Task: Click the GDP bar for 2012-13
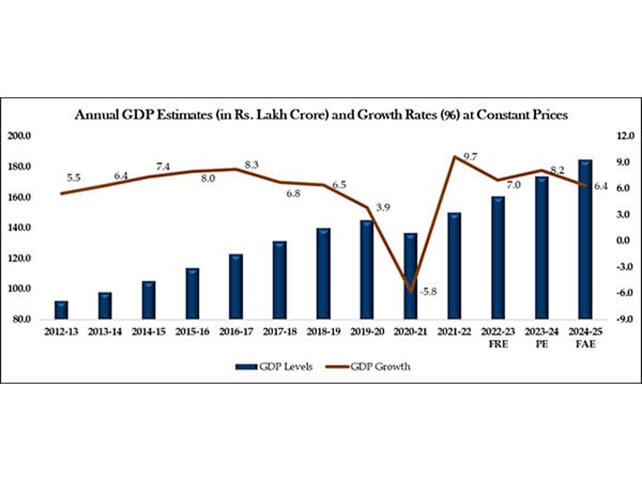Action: pos(62,310)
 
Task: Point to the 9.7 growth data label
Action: pos(471,157)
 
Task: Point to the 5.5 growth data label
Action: pos(73,178)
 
